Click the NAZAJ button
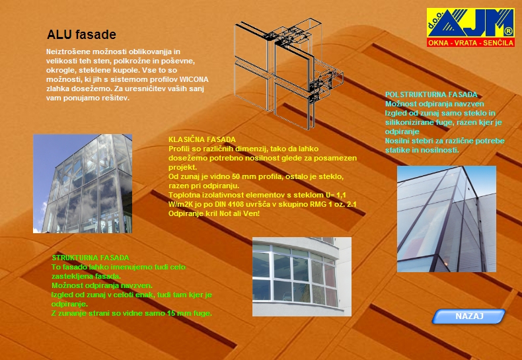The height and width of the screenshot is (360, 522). [x=468, y=316]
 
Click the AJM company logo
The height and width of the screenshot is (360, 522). [x=470, y=27]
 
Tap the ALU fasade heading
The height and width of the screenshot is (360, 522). [x=81, y=34]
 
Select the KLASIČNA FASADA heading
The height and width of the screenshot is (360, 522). [x=202, y=139]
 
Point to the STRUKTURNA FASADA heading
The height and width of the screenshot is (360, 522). [x=91, y=258]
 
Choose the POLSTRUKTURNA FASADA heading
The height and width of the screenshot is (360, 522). [x=431, y=94]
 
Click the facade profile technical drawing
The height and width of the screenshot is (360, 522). [x=289, y=73]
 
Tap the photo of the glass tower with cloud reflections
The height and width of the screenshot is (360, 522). [x=83, y=184]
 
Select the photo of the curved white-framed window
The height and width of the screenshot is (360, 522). [x=302, y=277]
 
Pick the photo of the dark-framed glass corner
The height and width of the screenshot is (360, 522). [x=447, y=219]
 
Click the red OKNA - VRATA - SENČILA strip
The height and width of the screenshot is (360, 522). [x=470, y=42]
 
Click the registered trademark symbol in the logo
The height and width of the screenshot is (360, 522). [x=508, y=32]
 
